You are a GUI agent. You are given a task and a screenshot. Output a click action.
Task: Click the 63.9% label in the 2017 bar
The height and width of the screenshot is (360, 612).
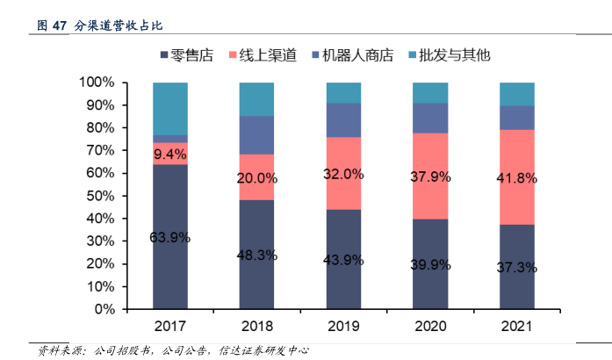tap(170, 237)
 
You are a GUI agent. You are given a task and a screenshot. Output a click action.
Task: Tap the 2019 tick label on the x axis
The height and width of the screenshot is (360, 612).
tap(343, 327)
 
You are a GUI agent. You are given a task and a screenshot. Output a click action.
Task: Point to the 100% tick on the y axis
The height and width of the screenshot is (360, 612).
tap(97, 83)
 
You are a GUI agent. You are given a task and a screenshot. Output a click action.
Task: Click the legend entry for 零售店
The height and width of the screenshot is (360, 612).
tap(188, 55)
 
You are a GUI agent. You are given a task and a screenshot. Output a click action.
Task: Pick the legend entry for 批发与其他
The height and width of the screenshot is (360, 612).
tap(446, 55)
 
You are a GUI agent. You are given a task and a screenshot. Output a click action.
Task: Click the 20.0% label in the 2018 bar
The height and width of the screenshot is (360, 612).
tap(257, 177)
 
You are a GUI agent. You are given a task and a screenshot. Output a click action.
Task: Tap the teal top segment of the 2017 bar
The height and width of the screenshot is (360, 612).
tap(170, 108)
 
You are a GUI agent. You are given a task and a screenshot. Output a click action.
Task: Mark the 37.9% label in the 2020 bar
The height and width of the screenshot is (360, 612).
tap(430, 176)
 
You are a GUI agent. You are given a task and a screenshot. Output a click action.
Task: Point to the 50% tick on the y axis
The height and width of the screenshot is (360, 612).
tap(100, 196)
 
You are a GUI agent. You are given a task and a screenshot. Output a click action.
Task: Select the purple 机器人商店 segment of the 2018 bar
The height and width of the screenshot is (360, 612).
tap(257, 134)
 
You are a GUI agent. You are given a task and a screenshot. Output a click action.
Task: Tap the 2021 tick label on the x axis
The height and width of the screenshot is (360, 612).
tap(517, 327)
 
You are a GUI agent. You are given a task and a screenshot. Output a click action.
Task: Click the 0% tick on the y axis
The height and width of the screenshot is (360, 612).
tap(104, 310)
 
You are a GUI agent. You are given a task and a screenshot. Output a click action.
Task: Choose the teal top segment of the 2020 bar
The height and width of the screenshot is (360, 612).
tap(430, 92)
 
